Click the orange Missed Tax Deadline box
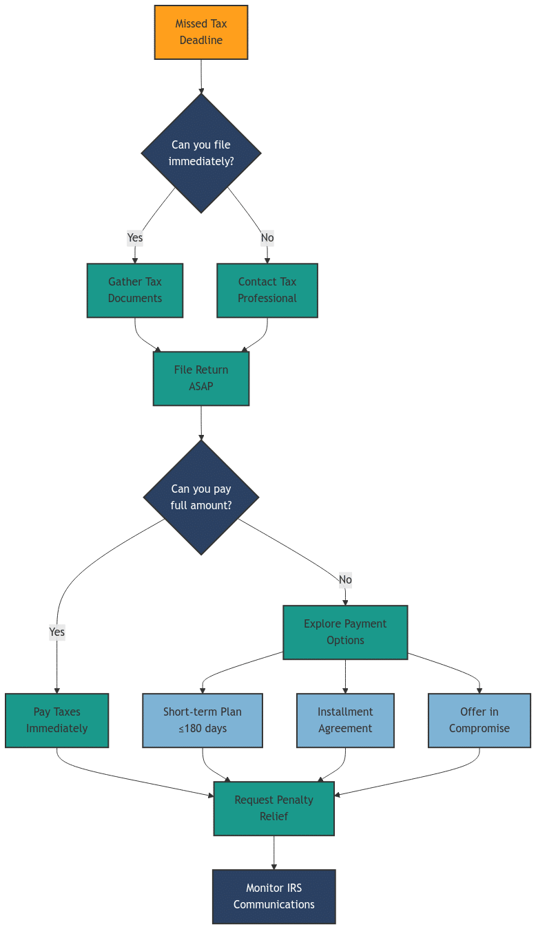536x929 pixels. point(200,32)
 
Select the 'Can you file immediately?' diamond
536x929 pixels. point(200,153)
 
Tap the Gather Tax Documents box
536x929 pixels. point(135,290)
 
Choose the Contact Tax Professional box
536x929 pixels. point(267,290)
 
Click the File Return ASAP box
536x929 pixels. point(200,378)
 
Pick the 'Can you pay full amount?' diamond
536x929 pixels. point(200,498)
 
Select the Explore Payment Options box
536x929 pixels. point(345,632)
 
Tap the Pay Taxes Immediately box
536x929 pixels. point(56,720)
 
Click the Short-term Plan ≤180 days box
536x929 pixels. point(203,720)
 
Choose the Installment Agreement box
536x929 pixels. point(345,720)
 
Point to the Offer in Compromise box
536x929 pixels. point(480,720)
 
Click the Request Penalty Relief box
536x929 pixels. point(274,809)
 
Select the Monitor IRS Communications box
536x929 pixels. point(274,897)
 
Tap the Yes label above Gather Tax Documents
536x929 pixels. point(135,238)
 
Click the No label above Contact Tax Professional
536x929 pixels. point(267,238)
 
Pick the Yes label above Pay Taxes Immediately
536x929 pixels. point(56,632)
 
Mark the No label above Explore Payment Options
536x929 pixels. point(345,579)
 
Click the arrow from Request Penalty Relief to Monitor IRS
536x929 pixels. point(274,853)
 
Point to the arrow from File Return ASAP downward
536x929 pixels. point(200,423)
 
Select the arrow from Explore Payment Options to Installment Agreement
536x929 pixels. point(345,676)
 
